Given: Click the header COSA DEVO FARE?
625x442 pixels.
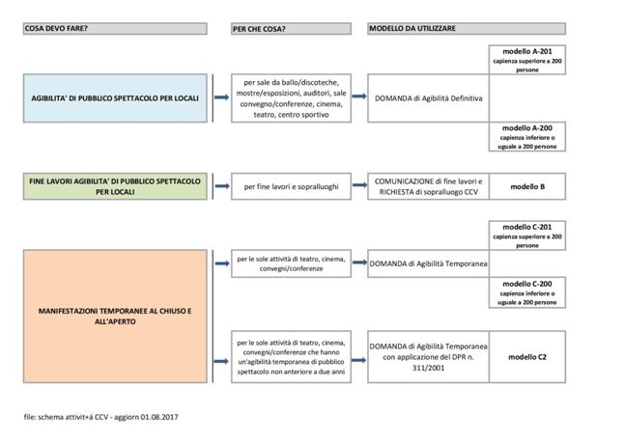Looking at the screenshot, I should pos(56,28).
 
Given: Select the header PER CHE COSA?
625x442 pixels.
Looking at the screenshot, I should pos(259,29).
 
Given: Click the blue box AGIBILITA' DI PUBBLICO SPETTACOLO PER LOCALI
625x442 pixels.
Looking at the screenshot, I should pos(114,98).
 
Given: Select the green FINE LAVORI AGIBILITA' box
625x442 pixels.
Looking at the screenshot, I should pos(114,185).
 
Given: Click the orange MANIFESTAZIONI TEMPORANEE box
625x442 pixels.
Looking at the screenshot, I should pos(114,317).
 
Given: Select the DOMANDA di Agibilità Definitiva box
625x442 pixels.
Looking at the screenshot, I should pos(429,98).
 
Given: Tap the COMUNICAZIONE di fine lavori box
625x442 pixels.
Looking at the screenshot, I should pos(429,186).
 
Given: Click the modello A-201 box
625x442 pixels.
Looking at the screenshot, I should pos(527,59).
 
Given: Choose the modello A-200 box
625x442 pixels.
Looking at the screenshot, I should pos(527,137).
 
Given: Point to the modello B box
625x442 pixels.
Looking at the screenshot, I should pos(527,186).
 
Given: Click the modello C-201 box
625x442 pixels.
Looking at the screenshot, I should pos(527,235).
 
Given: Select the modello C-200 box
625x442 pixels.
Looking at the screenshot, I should pos(527,292).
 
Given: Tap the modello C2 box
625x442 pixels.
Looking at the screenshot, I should pos(527,356).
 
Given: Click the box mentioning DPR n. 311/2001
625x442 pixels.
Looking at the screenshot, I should pos(429,356).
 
